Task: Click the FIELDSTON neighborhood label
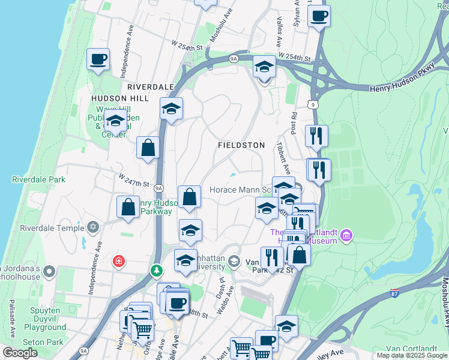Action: click(x=241, y=146)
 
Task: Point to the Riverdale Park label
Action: click(x=38, y=179)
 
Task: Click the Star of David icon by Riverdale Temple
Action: click(x=92, y=227)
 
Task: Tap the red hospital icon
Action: click(x=119, y=262)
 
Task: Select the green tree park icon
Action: click(x=157, y=271)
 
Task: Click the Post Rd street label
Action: click(x=294, y=122)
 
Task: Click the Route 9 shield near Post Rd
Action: click(x=313, y=105)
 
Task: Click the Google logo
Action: click(x=19, y=353)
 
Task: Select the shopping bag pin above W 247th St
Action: click(x=148, y=148)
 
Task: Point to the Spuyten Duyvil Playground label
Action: click(x=45, y=322)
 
